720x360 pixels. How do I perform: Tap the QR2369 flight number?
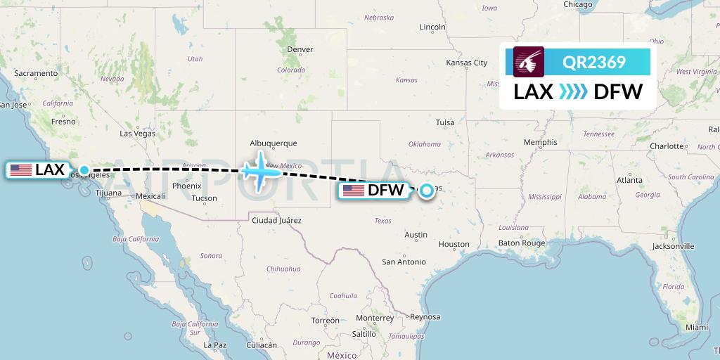pyautogui.click(x=594, y=63)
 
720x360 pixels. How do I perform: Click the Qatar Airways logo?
pyautogui.click(x=529, y=62)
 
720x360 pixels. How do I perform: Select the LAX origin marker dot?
pyautogui.click(x=84, y=170)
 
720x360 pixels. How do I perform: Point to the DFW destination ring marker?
pyautogui.click(x=425, y=189)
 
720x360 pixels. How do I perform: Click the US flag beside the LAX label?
pyautogui.click(x=21, y=170)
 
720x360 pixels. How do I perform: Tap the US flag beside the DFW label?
pyautogui.click(x=354, y=190)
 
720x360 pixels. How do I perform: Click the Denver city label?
pyautogui.click(x=300, y=49)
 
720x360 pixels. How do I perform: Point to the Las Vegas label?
pyautogui.click(x=137, y=133)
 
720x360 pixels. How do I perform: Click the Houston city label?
pyautogui.click(x=454, y=244)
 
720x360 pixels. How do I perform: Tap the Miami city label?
pyautogui.click(x=697, y=328)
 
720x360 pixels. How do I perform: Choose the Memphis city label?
pyautogui.click(x=540, y=142)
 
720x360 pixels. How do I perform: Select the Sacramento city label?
pyautogui.click(x=35, y=73)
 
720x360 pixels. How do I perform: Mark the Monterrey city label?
pyautogui.click(x=374, y=318)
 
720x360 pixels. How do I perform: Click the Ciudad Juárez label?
pyautogui.click(x=276, y=221)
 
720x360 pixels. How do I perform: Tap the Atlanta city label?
pyautogui.click(x=629, y=180)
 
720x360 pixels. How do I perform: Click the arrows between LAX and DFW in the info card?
pyautogui.click(x=573, y=91)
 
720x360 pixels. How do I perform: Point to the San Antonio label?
pyautogui.click(x=404, y=262)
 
